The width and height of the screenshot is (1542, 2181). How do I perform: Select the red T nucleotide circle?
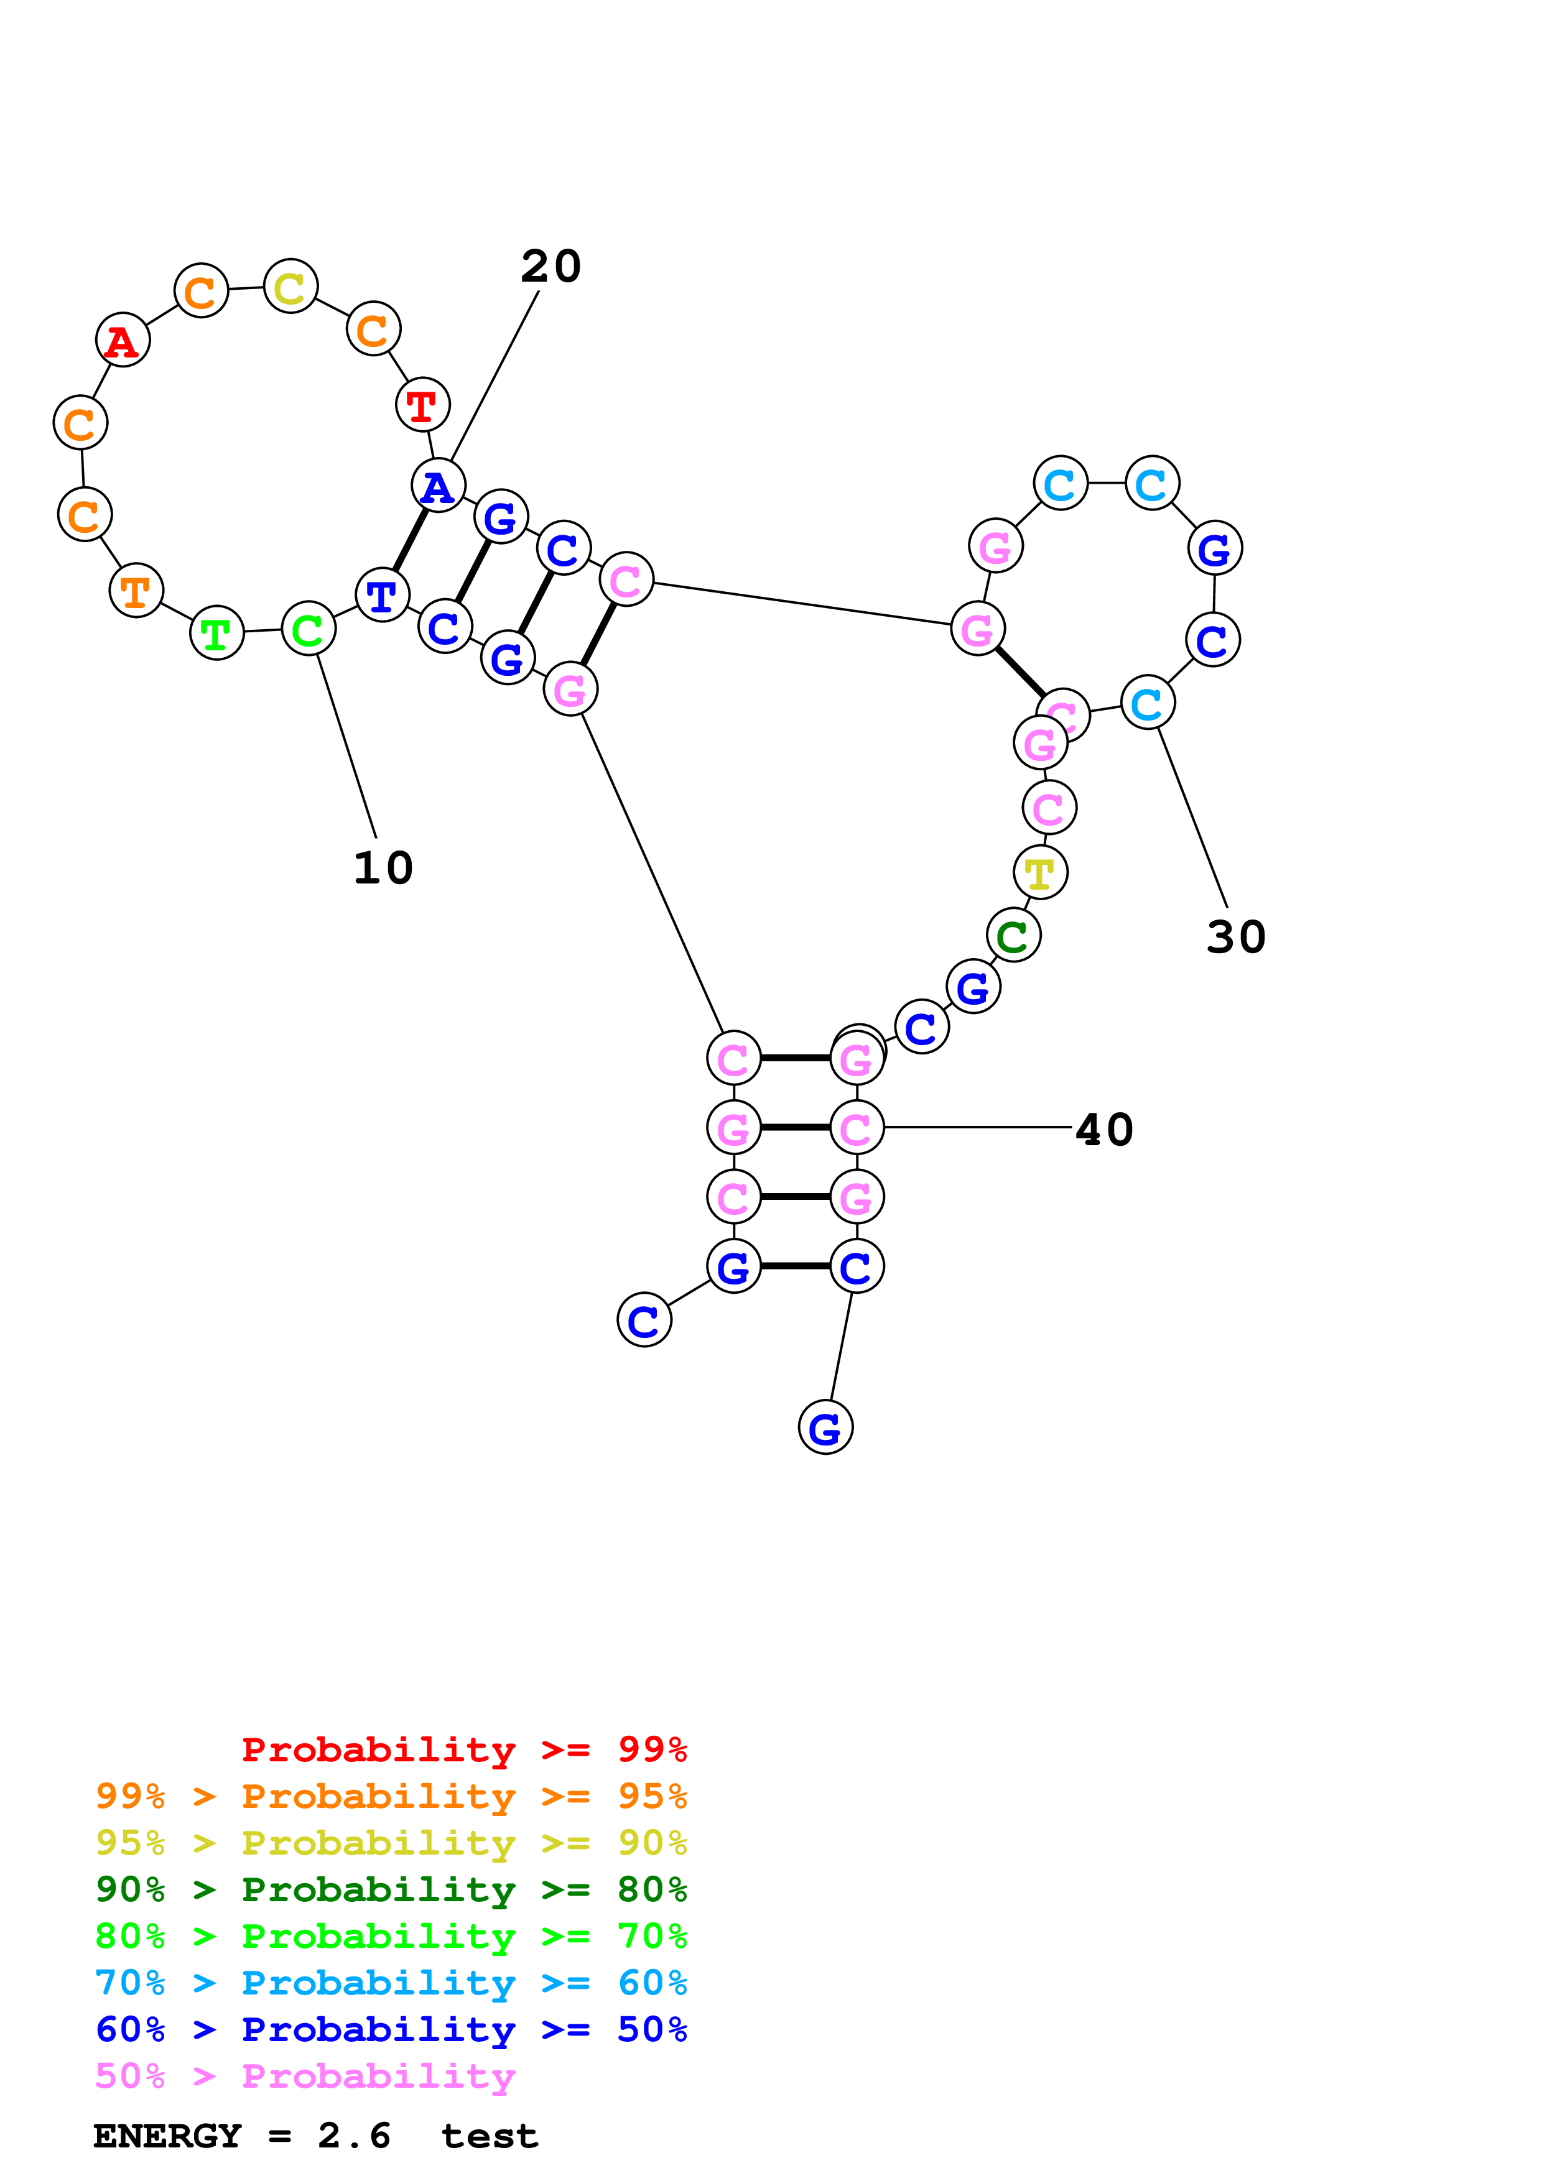[422, 405]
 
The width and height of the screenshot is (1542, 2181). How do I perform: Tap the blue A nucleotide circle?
[438, 486]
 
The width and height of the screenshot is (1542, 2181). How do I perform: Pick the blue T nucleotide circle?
[382, 596]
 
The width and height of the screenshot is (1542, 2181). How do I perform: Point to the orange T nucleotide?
[136, 591]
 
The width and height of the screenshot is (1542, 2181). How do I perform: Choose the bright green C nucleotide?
[309, 629]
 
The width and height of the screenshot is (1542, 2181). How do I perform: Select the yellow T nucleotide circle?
[1041, 873]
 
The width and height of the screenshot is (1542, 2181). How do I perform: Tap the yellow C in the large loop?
[290, 286]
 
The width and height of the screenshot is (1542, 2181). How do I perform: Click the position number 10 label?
[383, 867]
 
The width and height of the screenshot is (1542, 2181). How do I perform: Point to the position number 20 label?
[551, 266]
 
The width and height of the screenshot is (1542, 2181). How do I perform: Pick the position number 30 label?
[1236, 936]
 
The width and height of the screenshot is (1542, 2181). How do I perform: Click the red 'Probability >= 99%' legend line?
[463, 1749]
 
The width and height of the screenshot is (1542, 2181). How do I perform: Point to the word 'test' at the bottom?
[490, 2136]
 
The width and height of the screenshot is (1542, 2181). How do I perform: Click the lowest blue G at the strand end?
[825, 1427]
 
